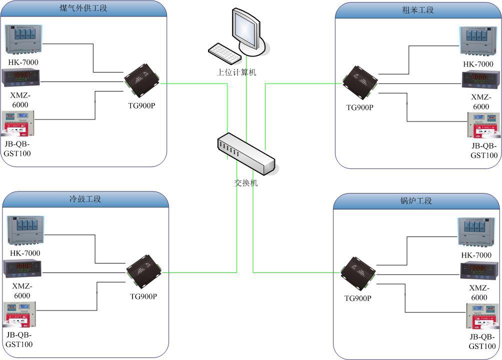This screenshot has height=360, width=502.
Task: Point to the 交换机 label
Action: click(x=246, y=183)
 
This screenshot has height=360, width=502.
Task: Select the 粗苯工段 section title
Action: click(x=417, y=10)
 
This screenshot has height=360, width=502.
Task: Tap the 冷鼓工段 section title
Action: click(x=85, y=199)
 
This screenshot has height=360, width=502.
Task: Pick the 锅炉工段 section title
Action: click(x=416, y=201)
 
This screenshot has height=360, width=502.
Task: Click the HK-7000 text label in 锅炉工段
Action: click(x=475, y=255)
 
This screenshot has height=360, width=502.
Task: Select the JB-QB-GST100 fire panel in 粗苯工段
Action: click(x=484, y=126)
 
